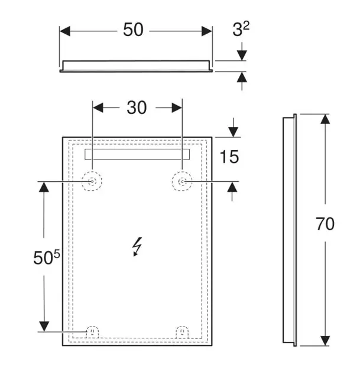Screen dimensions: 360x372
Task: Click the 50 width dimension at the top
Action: [x=133, y=30]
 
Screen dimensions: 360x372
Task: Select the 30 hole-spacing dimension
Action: [x=137, y=107]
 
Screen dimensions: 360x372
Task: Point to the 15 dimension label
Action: [x=229, y=157]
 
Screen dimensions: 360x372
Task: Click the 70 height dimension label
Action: [x=325, y=223]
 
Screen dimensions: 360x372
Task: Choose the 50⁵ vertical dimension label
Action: [x=47, y=257]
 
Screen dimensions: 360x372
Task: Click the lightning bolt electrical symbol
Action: [x=137, y=247]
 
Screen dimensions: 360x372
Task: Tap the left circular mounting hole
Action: [x=92, y=181]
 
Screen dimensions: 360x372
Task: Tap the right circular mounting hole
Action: [x=182, y=181]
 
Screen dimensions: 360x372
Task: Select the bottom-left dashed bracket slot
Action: [x=92, y=331]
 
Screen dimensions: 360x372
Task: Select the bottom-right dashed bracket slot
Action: [x=182, y=332]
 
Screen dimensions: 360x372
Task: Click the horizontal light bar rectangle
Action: [x=137, y=154]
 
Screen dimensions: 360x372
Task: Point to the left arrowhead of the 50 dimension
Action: [x=65, y=31]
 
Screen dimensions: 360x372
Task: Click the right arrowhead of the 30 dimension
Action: [x=177, y=107]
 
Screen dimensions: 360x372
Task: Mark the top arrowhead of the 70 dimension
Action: [x=325, y=119]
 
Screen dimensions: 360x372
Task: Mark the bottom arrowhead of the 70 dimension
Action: [x=325, y=341]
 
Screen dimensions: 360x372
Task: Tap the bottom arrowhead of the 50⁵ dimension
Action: [x=44, y=327]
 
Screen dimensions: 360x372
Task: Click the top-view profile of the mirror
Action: [x=136, y=66]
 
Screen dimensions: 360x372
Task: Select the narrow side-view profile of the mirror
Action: [x=290, y=230]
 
